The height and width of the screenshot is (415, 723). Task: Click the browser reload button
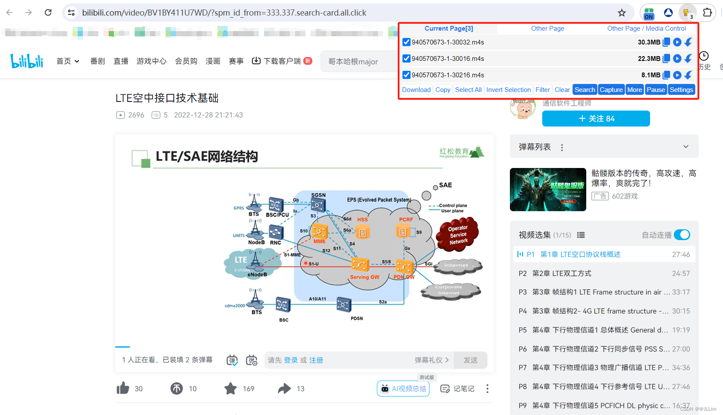48,13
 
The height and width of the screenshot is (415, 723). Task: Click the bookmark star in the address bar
622,13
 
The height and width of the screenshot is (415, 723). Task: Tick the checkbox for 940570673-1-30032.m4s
406,42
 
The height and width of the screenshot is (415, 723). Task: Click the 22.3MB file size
649,59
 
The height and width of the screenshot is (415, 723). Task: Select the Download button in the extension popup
416,90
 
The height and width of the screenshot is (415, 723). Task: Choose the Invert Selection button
508,90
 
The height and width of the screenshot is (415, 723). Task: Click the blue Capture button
611,90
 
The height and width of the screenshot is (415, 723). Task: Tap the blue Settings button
681,90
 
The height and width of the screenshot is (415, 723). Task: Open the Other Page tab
547,29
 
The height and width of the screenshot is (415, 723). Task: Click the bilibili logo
27,61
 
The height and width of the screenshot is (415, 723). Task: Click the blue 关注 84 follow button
596,119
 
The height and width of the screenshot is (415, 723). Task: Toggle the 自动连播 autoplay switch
682,235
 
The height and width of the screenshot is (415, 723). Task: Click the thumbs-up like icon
123,388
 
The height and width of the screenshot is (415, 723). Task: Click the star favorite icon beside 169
231,388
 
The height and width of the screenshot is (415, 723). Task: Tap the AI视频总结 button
403,389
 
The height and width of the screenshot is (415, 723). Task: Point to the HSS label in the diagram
362,219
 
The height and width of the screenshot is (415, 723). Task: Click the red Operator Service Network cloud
458,234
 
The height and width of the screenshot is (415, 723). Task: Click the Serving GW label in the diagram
365,277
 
